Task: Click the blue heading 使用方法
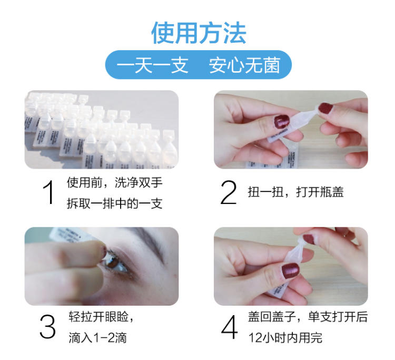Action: (x=199, y=33)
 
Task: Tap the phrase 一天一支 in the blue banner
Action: (x=152, y=65)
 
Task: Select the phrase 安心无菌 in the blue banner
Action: (x=244, y=65)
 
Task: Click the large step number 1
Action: (x=48, y=192)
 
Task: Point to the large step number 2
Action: (x=229, y=192)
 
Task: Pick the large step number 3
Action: (x=47, y=326)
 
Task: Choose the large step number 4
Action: (x=229, y=327)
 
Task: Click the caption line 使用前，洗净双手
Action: (x=115, y=182)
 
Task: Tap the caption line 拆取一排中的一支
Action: (x=115, y=203)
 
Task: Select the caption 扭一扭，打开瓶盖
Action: (x=295, y=192)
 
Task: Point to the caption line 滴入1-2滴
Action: (x=97, y=338)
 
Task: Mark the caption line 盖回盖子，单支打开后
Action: (x=308, y=317)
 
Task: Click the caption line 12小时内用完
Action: (x=285, y=338)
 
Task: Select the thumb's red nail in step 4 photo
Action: (x=290, y=270)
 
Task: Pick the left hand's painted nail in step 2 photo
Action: (x=282, y=121)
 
